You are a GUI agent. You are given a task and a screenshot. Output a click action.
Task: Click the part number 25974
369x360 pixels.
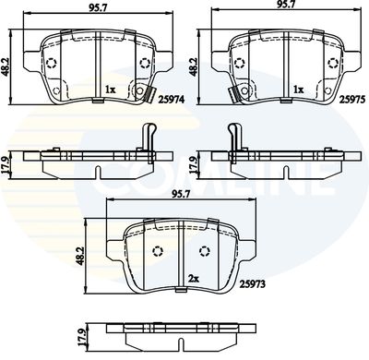(x=172, y=99)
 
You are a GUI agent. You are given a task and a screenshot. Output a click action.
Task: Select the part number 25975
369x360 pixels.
(x=352, y=99)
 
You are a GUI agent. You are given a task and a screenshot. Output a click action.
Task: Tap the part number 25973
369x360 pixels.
(x=253, y=284)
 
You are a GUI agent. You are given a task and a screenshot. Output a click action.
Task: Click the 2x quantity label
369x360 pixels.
(x=194, y=279)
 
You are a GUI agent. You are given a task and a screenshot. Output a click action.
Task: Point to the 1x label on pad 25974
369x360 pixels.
(x=110, y=90)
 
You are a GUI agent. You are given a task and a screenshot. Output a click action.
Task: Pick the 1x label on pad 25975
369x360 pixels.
(x=299, y=90)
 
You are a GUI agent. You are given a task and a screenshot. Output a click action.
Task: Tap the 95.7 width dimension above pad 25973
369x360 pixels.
(x=181, y=195)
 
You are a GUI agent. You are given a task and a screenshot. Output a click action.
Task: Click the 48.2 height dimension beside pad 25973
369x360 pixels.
(x=81, y=256)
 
